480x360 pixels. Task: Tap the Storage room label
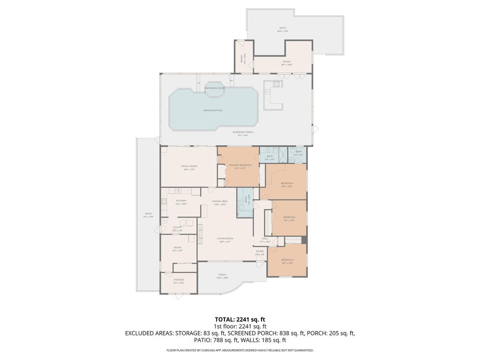click(179, 281)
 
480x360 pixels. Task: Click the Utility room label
click(177, 228)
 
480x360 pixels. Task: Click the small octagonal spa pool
click(215, 89)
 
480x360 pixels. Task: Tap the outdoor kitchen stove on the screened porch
click(277, 84)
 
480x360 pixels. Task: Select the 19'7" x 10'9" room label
click(286, 63)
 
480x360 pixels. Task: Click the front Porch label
click(222, 276)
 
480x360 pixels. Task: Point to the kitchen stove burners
click(164, 202)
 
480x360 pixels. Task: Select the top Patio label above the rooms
click(283, 29)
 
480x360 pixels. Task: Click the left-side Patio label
click(148, 215)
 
